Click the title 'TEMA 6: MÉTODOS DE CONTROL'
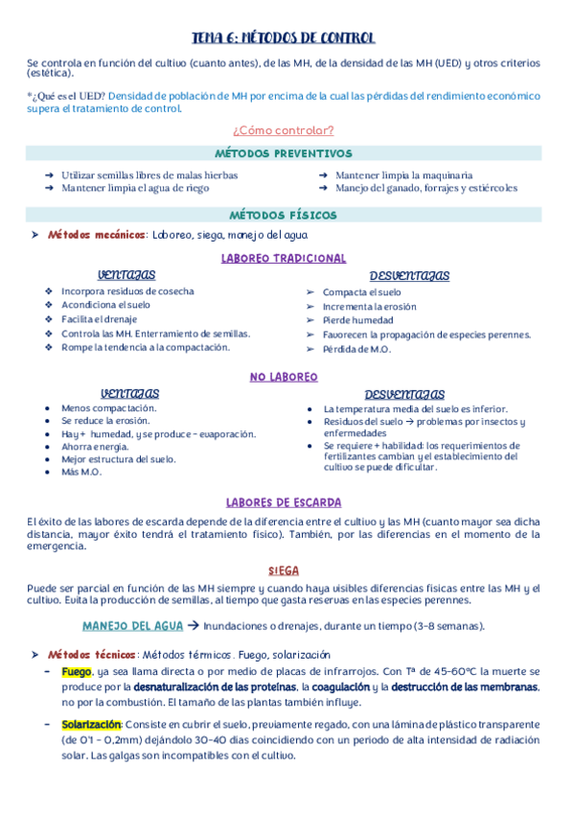(x=284, y=37)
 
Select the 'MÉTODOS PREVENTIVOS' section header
(x=284, y=153)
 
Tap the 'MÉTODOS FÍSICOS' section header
(x=284, y=216)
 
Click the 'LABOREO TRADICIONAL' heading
(x=284, y=259)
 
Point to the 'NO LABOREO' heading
(x=284, y=378)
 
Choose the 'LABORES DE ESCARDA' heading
(x=284, y=502)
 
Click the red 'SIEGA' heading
(x=284, y=570)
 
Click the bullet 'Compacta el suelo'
(x=362, y=292)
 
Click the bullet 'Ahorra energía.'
(x=95, y=447)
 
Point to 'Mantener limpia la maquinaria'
(x=403, y=175)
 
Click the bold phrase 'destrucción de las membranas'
(x=449, y=687)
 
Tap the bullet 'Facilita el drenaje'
(x=99, y=319)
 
